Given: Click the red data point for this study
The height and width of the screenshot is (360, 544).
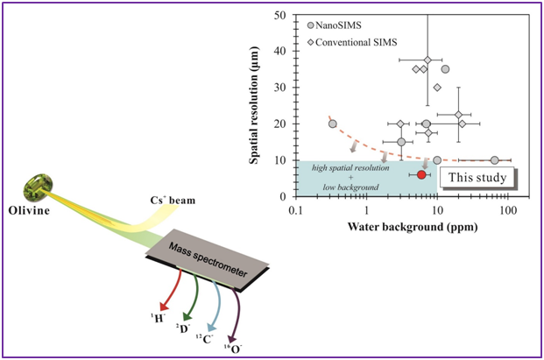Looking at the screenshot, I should tap(421, 174).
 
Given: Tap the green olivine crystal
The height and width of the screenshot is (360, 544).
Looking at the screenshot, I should tap(41, 184).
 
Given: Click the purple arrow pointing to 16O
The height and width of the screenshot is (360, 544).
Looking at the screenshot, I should tap(235, 318).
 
